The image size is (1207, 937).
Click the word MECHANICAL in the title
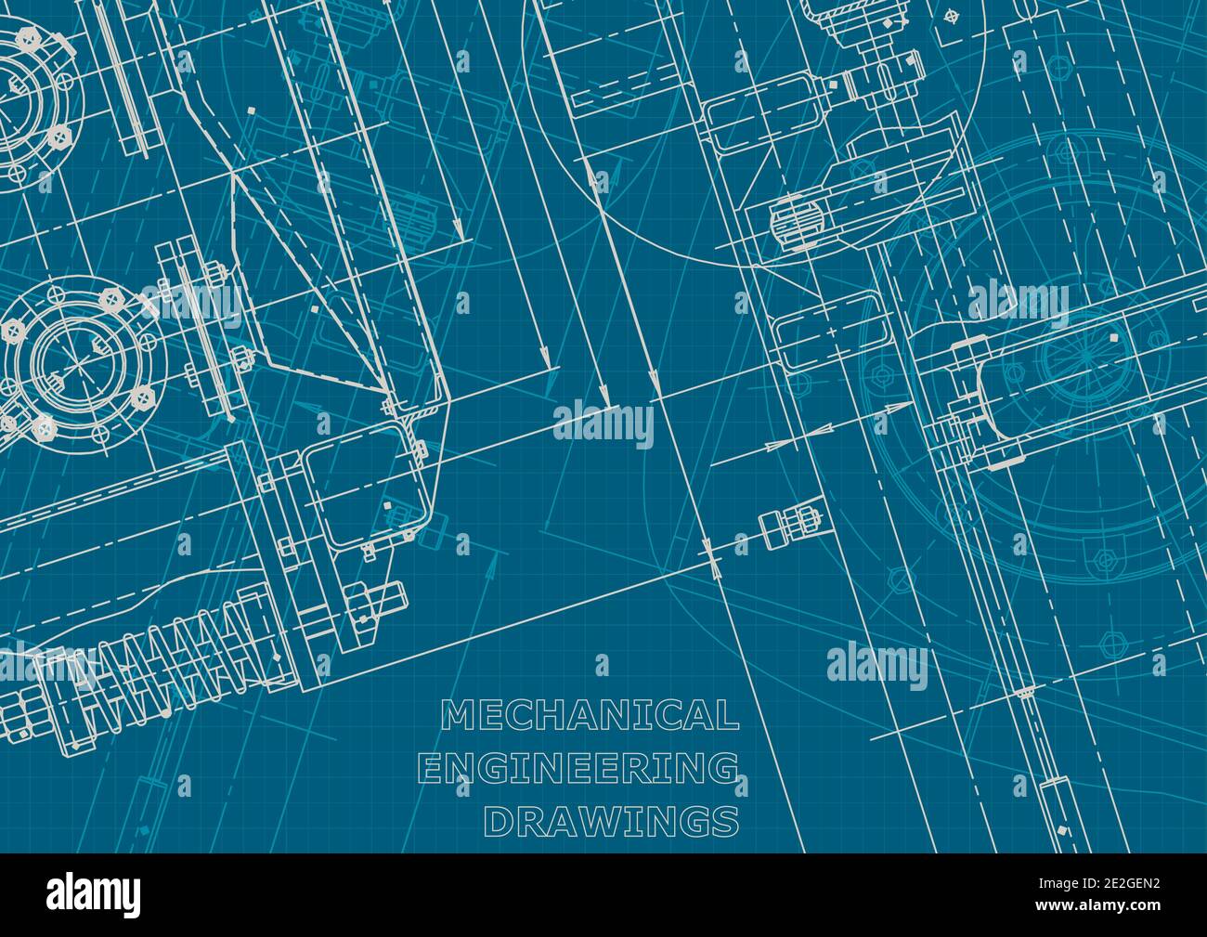tap(590, 716)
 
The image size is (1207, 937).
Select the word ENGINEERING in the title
tap(578, 769)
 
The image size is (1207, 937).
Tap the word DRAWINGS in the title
tap(613, 821)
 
